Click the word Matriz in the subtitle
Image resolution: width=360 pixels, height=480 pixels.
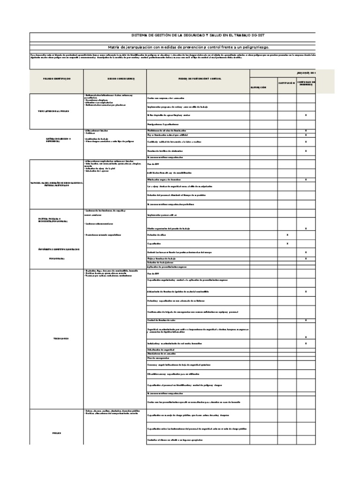116,48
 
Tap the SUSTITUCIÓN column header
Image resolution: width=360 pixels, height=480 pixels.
287,83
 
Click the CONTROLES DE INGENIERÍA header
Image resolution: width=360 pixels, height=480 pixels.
307,83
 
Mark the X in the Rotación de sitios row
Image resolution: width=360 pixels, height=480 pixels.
287,234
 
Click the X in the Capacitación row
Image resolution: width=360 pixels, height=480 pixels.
287,244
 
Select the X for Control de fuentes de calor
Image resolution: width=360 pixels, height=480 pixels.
306,320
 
